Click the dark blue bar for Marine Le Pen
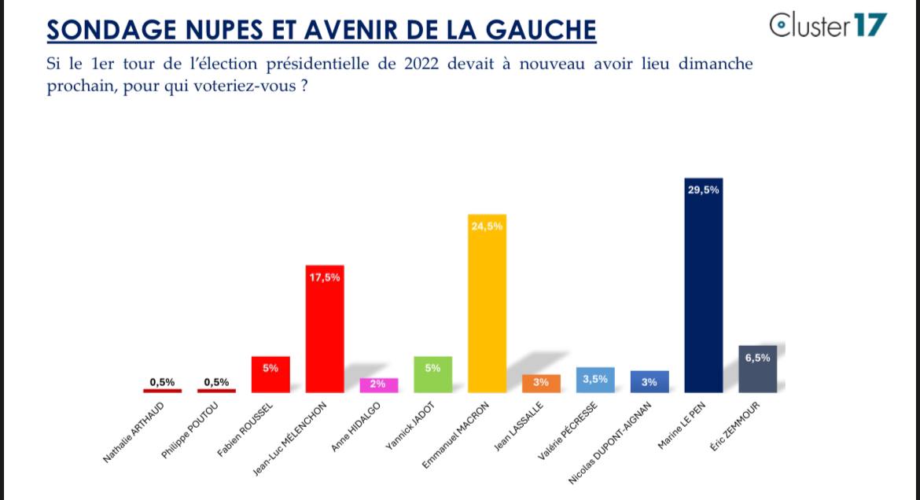704,291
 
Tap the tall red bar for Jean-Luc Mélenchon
324,334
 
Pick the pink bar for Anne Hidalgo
378,384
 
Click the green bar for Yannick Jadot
432,375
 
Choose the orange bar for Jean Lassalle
541,383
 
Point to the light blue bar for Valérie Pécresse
595,380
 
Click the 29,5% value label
704,189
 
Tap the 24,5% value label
487,226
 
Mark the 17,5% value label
324,277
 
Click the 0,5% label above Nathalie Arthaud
162,382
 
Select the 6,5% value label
758,358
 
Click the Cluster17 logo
828,25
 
